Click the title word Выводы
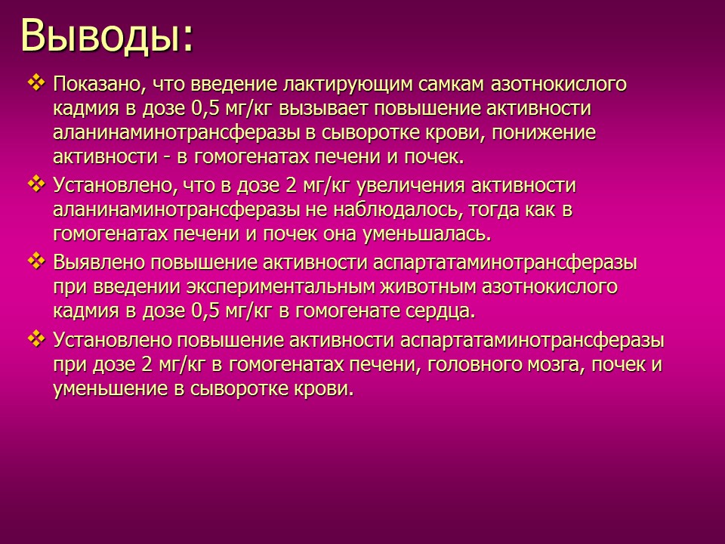[106, 35]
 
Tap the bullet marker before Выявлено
[35, 261]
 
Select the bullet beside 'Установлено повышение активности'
[35, 338]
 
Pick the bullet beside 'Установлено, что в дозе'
[35, 183]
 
